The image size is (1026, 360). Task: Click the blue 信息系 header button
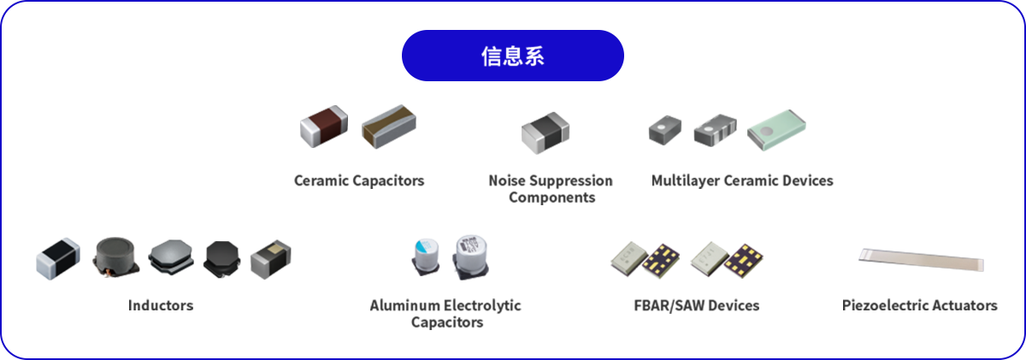pos(512,56)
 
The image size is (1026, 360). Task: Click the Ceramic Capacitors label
pos(359,181)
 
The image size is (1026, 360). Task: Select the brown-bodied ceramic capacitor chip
pos(324,127)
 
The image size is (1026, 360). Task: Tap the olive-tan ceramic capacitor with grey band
pos(389,127)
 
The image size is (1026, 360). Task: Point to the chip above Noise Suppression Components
pos(545,133)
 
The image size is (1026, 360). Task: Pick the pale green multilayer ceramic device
pos(776,130)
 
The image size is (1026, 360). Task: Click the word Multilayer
pos(685,181)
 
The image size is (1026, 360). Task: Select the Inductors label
pos(161,305)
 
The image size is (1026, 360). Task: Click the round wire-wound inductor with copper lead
pos(115,257)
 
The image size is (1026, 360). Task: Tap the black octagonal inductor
pos(221,259)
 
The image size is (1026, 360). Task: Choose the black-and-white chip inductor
pos(58,258)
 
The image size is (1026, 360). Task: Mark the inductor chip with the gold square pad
pos(271,259)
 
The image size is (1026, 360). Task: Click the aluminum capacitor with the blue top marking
pos(426,257)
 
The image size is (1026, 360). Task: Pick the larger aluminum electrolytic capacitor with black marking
pos(470,257)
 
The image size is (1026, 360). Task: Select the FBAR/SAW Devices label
pos(697,305)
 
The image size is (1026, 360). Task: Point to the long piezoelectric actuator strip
pos(921,260)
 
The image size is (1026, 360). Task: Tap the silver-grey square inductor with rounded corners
pos(171,257)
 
